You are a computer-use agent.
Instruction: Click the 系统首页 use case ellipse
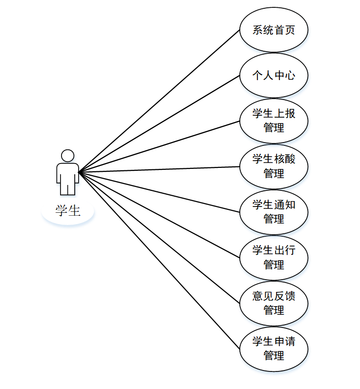point(274,30)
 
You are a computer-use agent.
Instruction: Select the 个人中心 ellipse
point(274,76)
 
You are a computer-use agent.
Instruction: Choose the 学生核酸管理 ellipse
point(274,166)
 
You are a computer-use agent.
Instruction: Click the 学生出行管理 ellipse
point(274,258)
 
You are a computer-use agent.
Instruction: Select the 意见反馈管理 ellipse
point(274,303)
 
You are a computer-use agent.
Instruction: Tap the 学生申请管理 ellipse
point(274,348)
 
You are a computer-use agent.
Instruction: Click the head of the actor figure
point(67,156)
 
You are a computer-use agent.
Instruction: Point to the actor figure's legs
point(67,188)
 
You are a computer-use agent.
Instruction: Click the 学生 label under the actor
point(67,211)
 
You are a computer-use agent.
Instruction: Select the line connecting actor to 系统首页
point(159,101)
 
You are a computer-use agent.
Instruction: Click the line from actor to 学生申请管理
point(159,260)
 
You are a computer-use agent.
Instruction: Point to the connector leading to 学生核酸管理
point(159,169)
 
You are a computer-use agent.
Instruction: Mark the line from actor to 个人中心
point(159,124)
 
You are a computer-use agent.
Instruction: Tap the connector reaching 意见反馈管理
point(159,237)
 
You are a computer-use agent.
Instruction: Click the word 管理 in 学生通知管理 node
point(274,219)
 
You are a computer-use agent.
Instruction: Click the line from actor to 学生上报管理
point(159,146)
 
